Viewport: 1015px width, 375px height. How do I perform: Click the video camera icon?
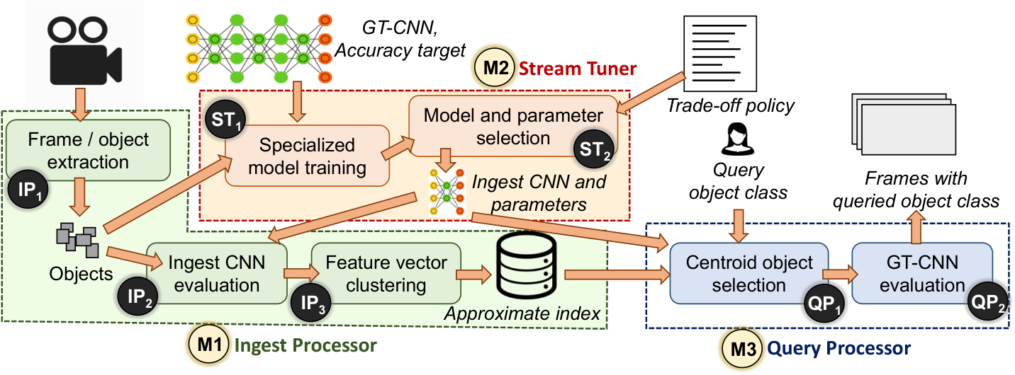85,50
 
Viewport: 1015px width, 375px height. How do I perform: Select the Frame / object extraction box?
89,150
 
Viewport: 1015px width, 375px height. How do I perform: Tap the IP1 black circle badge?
28,189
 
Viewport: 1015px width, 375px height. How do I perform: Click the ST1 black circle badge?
225,120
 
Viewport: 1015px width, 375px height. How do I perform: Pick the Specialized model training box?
307,156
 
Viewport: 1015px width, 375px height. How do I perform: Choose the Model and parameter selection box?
513,126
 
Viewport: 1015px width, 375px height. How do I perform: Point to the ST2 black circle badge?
594,149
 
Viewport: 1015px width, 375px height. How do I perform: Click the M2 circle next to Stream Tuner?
495,68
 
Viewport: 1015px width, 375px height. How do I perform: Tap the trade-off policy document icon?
720,53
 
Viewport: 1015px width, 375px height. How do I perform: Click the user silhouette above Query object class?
738,139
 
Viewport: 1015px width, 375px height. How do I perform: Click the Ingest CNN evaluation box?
217,273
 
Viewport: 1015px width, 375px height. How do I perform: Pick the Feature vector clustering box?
386,273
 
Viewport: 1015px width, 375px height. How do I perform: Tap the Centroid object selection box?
749,273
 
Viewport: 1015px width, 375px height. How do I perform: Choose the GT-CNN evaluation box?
922,273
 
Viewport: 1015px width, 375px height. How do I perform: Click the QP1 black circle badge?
824,303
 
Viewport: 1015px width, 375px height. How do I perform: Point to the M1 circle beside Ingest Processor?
209,345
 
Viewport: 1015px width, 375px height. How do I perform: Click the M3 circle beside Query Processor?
743,349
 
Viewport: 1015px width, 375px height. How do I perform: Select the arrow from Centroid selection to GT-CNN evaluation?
840,274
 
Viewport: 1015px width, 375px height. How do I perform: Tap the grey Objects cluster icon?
77,240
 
